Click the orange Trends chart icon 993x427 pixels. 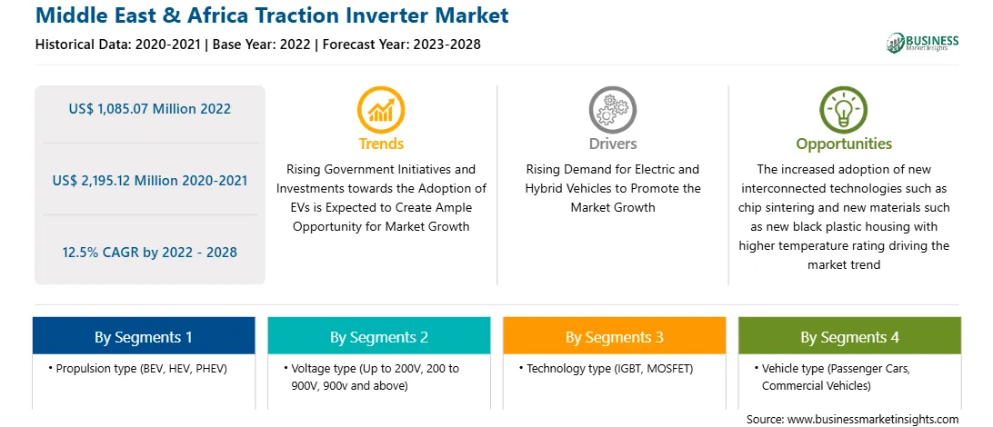click(x=381, y=109)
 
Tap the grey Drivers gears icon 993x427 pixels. click(x=612, y=109)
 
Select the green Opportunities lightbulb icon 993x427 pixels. click(x=844, y=109)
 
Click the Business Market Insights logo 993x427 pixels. click(x=922, y=43)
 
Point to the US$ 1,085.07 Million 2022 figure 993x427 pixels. click(x=149, y=109)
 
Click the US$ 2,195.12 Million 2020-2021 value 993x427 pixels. click(x=149, y=180)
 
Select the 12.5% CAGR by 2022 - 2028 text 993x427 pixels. click(x=149, y=253)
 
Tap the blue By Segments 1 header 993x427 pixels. click(x=144, y=336)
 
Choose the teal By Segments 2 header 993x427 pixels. click(x=378, y=336)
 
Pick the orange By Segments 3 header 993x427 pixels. click(x=615, y=336)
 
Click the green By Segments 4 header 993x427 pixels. click(x=849, y=336)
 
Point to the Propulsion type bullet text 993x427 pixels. click(x=137, y=368)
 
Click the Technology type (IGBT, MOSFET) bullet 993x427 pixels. click(x=606, y=368)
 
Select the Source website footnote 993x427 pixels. click(x=852, y=419)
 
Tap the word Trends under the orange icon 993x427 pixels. click(x=381, y=144)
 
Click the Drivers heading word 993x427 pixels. click(x=612, y=144)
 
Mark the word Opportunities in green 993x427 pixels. click(x=844, y=144)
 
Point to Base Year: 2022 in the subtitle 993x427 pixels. click(x=262, y=45)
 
